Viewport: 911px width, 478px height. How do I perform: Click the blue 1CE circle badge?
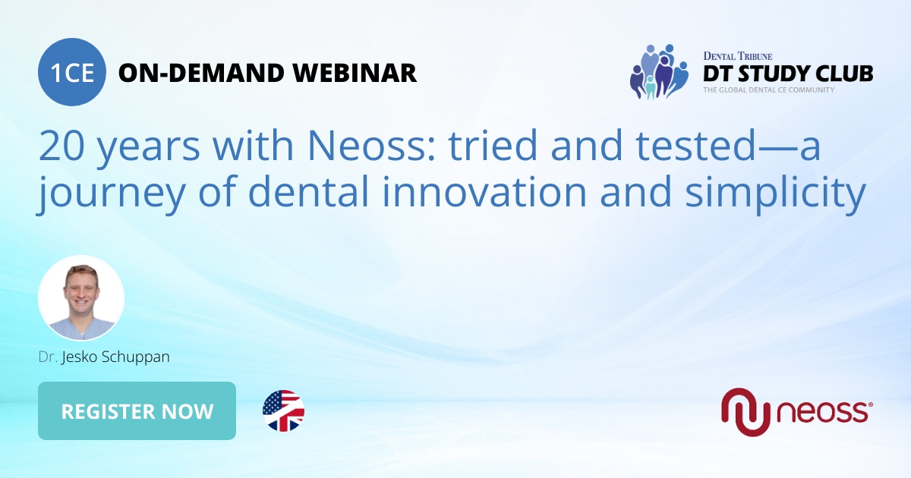pos(72,73)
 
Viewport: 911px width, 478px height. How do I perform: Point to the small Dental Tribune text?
pos(737,55)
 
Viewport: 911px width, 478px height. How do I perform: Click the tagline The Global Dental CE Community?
pos(768,90)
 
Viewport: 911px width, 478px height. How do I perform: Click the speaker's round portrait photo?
pos(81,297)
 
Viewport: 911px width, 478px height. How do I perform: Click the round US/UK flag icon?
pos(283,411)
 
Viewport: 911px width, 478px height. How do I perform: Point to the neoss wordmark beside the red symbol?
pos(824,413)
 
